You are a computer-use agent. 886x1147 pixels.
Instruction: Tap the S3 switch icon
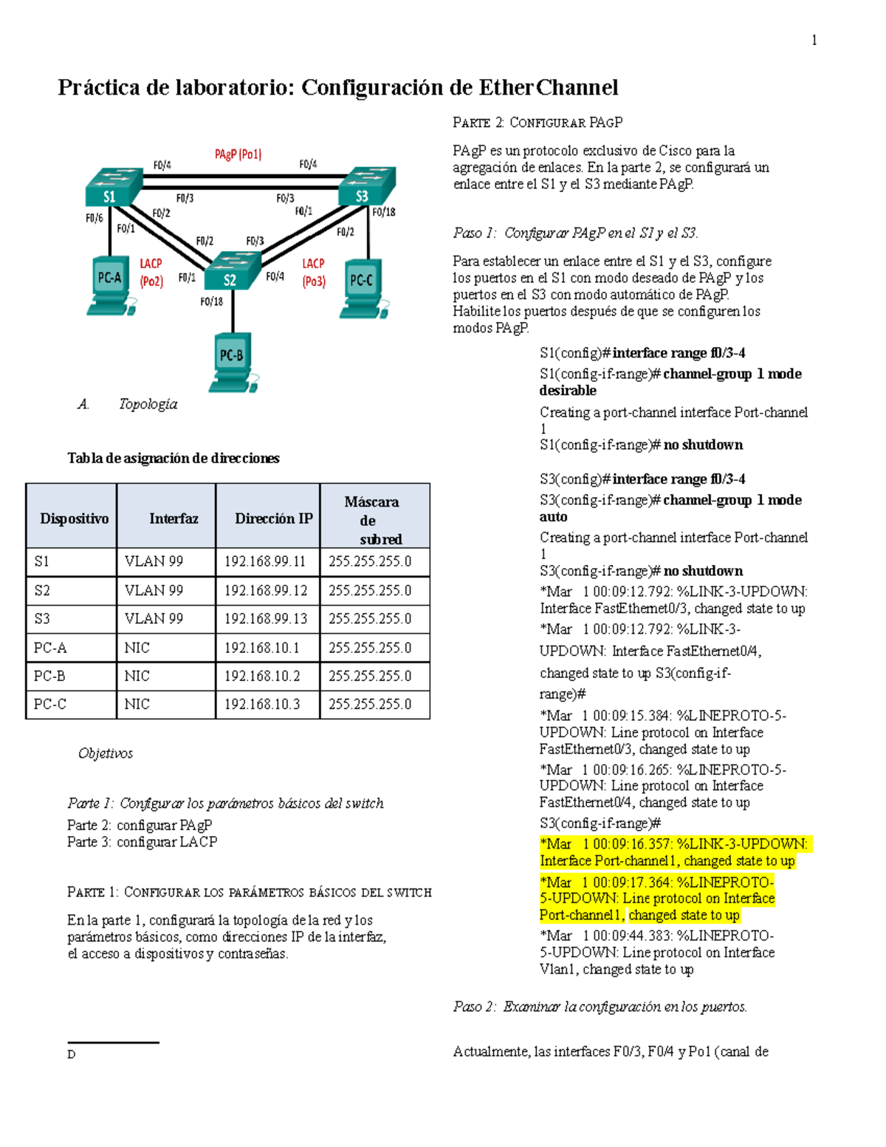(x=366, y=186)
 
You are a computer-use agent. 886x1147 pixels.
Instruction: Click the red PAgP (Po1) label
(x=238, y=154)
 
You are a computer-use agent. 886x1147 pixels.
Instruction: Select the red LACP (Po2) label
(x=151, y=273)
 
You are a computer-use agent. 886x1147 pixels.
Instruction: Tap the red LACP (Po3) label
(x=313, y=273)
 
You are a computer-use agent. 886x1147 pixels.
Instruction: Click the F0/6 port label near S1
(x=94, y=218)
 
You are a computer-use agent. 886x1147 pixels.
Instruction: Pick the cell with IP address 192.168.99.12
(x=266, y=591)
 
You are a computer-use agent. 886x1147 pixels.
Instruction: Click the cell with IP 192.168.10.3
(x=262, y=705)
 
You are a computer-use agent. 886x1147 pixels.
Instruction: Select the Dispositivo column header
(x=74, y=518)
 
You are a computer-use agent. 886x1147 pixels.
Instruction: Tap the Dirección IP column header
(x=273, y=518)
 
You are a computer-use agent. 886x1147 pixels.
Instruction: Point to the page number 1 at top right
(x=814, y=41)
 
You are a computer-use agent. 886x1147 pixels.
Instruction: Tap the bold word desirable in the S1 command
(x=568, y=391)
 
